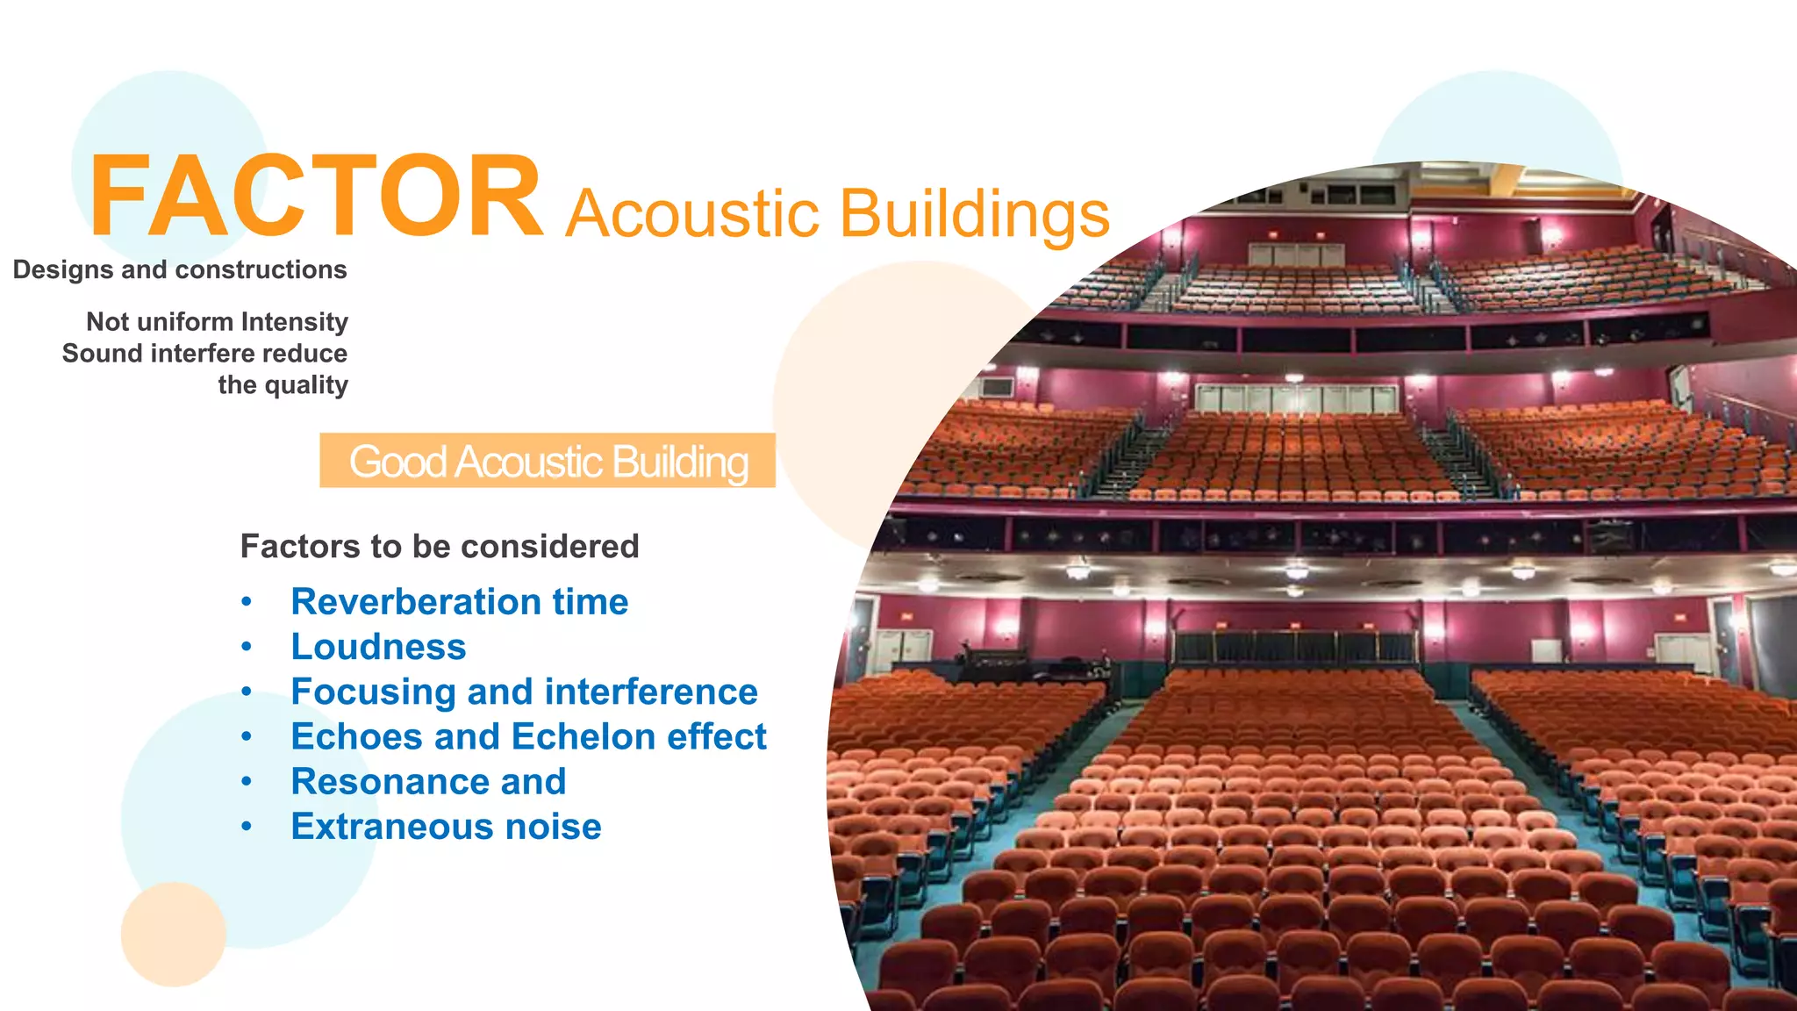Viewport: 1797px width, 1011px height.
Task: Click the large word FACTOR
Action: [x=316, y=197]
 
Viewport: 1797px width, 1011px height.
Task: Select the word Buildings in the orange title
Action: [x=974, y=213]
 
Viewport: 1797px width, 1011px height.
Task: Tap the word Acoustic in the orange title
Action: [x=693, y=213]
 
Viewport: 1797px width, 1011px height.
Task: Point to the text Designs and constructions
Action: [x=180, y=269]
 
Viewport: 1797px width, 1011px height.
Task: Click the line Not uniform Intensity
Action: [x=217, y=322]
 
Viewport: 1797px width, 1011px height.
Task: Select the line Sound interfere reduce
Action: [x=204, y=354]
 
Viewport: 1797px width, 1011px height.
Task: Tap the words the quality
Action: [x=283, y=385]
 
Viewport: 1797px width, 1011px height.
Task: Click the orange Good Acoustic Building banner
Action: [x=548, y=461]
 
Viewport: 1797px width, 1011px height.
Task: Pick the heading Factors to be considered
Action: [x=440, y=547]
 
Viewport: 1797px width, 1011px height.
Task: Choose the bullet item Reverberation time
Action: [x=460, y=602]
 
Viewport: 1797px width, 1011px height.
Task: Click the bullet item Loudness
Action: [x=378, y=647]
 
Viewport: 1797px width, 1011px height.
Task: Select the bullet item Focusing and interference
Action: [x=524, y=692]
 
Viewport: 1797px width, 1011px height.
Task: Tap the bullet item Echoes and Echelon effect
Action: [x=528, y=736]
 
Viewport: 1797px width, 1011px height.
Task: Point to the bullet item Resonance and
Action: [x=428, y=781]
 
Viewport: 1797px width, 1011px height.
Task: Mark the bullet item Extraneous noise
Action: [x=446, y=827]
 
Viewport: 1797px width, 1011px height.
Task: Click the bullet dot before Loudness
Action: [x=247, y=647]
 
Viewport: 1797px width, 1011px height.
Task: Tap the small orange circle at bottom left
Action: [x=173, y=934]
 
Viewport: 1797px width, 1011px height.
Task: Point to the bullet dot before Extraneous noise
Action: [x=247, y=827]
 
